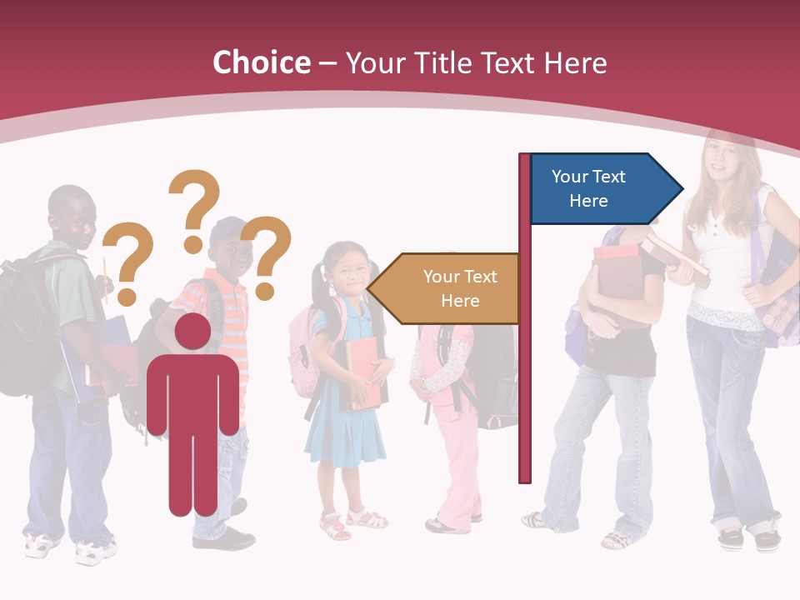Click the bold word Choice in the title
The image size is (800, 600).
[261, 62]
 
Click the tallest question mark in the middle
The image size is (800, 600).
[195, 208]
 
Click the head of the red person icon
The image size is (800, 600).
[192, 332]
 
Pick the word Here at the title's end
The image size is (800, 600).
[575, 62]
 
